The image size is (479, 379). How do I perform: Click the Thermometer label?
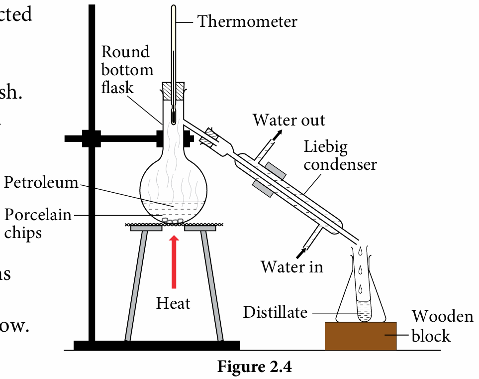click(x=247, y=21)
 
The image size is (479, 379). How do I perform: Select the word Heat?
click(x=174, y=303)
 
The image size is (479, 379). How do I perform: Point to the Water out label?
click(x=288, y=120)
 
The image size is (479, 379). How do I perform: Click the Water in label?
click(x=292, y=267)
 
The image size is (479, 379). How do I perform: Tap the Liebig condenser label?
click(x=340, y=155)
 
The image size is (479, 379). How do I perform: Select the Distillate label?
click(x=275, y=312)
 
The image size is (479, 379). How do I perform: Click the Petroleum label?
click(x=41, y=183)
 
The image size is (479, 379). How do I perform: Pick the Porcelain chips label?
click(x=37, y=224)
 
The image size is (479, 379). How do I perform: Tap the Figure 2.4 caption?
click(x=254, y=367)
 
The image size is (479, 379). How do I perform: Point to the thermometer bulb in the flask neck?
click(x=173, y=117)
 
